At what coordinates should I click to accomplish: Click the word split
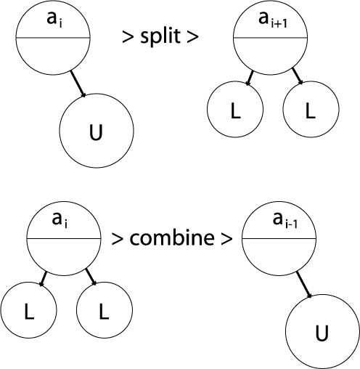click(160, 36)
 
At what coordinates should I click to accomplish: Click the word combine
click(172, 238)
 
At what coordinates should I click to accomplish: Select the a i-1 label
click(285, 221)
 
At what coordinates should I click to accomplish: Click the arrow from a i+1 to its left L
click(249, 78)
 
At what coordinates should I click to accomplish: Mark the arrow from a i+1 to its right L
click(298, 76)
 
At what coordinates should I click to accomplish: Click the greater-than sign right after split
click(192, 38)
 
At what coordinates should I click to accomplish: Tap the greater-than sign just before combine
click(117, 239)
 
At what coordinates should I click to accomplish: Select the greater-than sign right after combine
click(226, 239)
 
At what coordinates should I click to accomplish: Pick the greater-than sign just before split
click(128, 38)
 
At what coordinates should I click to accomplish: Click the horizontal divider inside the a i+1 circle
click(271, 38)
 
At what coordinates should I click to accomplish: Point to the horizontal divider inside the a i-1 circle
click(279, 239)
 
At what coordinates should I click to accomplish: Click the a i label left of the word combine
click(60, 221)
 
